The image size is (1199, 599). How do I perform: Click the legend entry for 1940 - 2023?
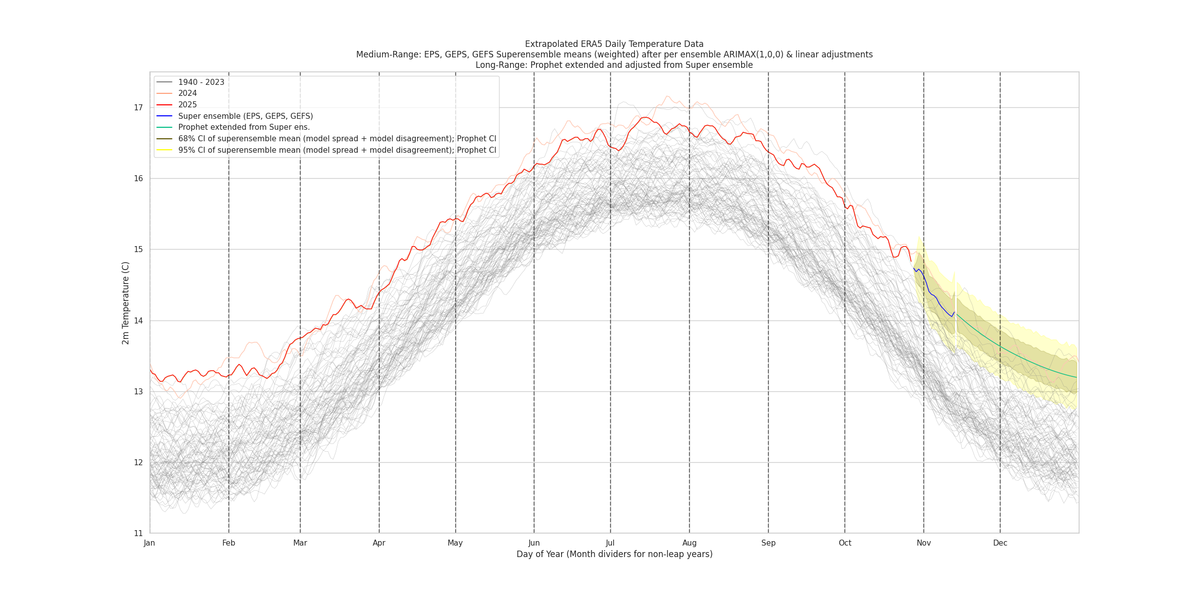pos(201,82)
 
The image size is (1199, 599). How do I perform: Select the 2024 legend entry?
pos(187,93)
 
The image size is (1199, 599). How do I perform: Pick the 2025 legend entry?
pos(187,105)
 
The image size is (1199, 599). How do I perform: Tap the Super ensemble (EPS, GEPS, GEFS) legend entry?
pos(245,116)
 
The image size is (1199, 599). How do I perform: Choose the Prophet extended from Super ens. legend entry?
pos(244,127)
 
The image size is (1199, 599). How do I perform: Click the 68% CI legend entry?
pos(337,139)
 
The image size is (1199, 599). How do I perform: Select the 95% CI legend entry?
pos(337,150)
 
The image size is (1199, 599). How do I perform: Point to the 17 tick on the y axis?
pos(138,108)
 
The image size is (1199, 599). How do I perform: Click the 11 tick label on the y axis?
pos(138,534)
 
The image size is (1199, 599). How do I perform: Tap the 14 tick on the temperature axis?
pos(138,321)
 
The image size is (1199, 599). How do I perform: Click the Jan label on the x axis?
pos(149,543)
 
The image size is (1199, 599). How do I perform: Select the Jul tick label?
pos(610,543)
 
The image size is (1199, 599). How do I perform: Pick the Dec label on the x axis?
pos(1000,543)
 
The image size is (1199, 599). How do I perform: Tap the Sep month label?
pos(768,543)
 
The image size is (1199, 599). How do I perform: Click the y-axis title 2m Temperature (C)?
pos(126,303)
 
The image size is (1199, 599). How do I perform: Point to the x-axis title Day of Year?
pos(614,554)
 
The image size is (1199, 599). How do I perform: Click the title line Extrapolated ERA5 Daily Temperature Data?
pos(614,44)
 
